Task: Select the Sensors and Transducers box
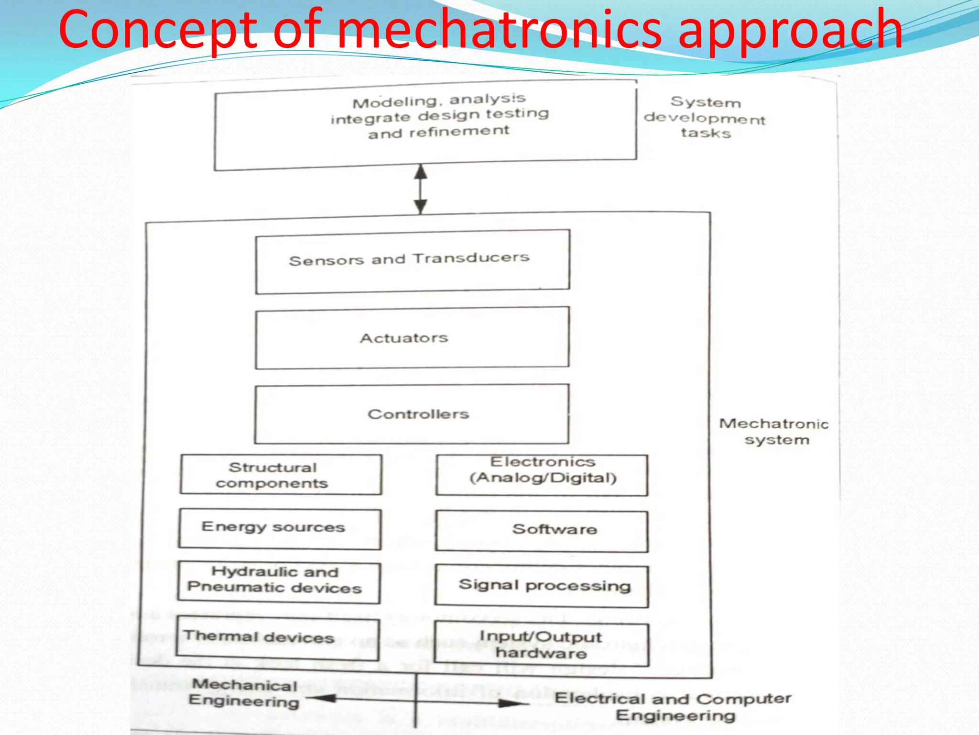412,261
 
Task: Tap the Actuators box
412,338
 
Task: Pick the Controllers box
412,414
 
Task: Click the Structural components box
281,475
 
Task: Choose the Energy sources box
280,529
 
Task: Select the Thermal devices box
277,638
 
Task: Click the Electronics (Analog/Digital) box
542,475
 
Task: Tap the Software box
542,531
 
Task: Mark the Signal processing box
542,586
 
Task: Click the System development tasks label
705,118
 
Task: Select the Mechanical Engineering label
244,693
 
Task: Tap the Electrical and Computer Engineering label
673,707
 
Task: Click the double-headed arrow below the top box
420,189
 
